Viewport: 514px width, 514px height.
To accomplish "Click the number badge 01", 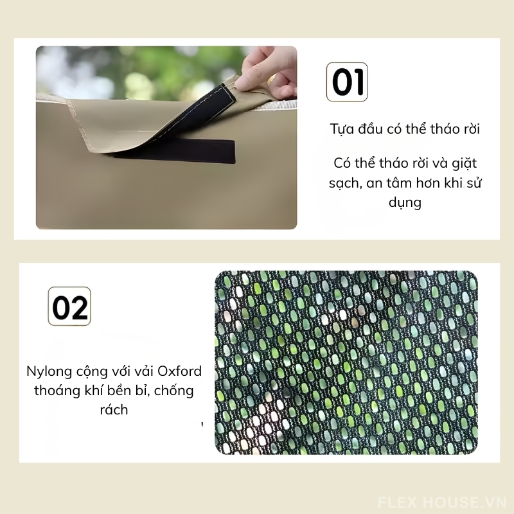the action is click(347, 82).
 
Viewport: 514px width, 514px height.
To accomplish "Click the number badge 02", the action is click(69, 306).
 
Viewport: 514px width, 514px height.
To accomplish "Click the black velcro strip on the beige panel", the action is click(174, 151).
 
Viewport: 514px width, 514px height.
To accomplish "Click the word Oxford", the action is click(180, 371).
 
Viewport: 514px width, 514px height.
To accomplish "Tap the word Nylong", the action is click(49, 372).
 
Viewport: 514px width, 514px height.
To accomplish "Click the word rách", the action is click(114, 409).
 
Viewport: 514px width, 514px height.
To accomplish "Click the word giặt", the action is click(464, 163).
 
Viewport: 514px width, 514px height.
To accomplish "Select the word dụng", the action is click(405, 202).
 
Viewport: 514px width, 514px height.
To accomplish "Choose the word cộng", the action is click(92, 372).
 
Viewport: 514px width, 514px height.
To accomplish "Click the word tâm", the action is click(398, 182).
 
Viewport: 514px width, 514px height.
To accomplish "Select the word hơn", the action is click(427, 182).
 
